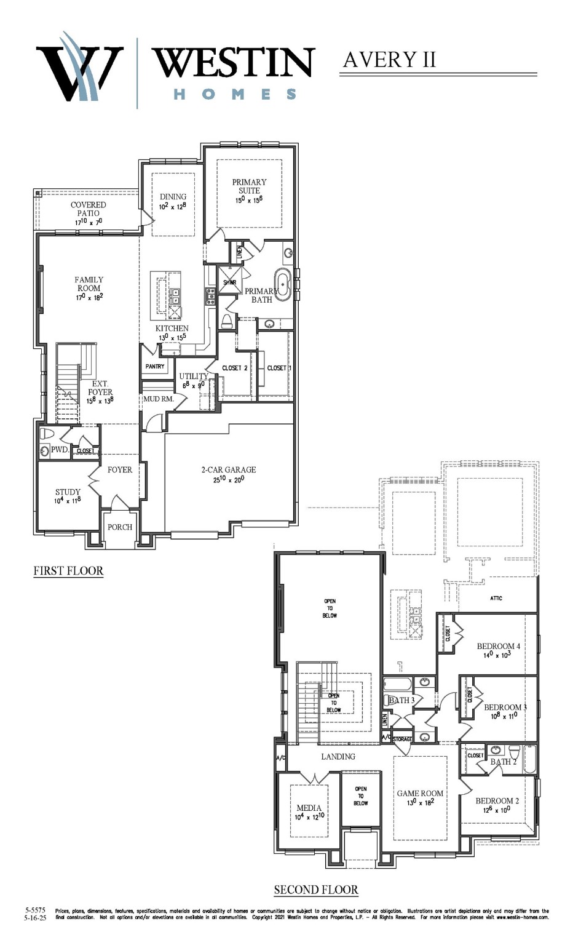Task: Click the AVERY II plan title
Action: click(x=389, y=60)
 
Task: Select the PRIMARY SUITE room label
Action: click(x=249, y=186)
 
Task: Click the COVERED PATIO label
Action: click(x=89, y=209)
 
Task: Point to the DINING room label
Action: click(x=173, y=197)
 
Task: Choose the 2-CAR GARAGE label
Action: click(x=229, y=470)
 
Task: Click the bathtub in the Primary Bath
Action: click(x=283, y=284)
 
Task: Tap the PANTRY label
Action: click(x=155, y=367)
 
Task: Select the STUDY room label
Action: click(x=68, y=492)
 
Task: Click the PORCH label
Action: click(x=120, y=527)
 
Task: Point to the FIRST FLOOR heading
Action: click(x=68, y=571)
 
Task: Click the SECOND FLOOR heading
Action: click(x=316, y=890)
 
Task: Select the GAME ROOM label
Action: click(x=420, y=794)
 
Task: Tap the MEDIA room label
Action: click(x=309, y=808)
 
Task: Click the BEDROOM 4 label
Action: click(x=498, y=647)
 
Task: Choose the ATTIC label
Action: click(x=496, y=598)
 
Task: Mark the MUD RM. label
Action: click(x=159, y=399)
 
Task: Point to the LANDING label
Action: click(x=338, y=757)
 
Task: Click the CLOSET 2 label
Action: click(x=235, y=369)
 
